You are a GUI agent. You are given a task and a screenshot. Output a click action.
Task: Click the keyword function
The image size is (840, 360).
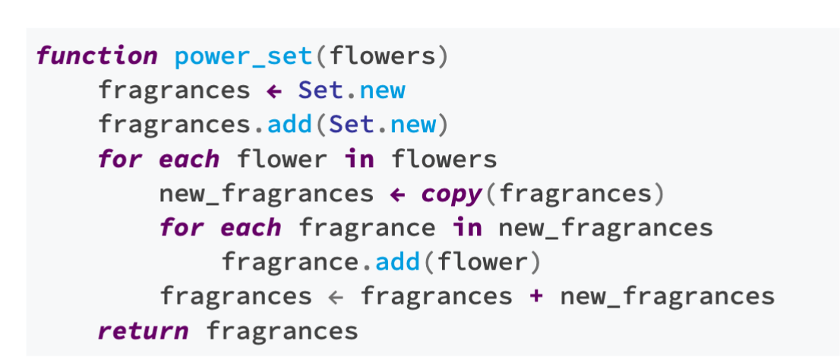pos(96,55)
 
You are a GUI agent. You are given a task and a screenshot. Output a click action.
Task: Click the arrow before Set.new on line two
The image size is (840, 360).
pos(273,90)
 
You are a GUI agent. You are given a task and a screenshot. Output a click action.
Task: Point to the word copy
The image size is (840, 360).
pos(452,194)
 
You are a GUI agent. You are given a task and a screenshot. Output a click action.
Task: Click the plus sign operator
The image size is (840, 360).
pos(536,296)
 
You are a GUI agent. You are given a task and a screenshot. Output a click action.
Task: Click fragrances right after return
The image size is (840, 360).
pos(282,331)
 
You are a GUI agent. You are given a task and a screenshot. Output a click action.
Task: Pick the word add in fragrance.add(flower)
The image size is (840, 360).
pos(397,262)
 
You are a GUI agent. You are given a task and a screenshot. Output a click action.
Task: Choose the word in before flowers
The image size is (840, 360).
pos(360,159)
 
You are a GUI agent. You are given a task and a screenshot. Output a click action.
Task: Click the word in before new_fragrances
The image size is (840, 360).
pos(468,228)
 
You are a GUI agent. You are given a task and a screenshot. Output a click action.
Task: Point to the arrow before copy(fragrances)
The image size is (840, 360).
pos(397,194)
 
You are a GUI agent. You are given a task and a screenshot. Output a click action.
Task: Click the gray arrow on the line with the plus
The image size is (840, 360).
pos(336,297)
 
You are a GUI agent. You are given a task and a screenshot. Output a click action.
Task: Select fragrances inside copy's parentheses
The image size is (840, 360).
pos(576,194)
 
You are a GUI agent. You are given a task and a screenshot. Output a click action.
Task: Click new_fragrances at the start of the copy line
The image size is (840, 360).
pos(266,194)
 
